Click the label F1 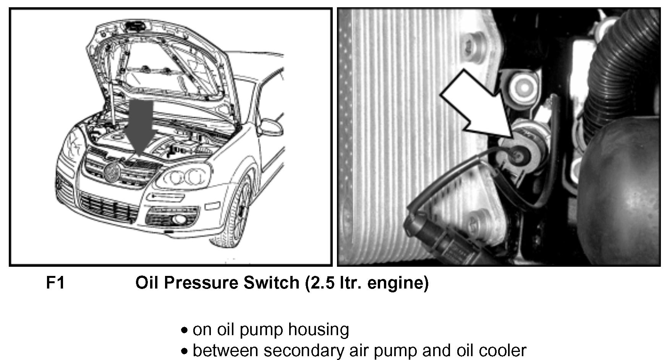(x=55, y=283)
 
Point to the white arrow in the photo (x=478, y=107)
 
